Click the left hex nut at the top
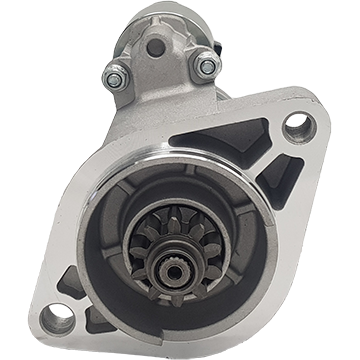coord(117,73)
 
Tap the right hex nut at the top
coord(206,66)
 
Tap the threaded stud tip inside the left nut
coord(117,73)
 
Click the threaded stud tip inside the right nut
coord(206,66)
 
